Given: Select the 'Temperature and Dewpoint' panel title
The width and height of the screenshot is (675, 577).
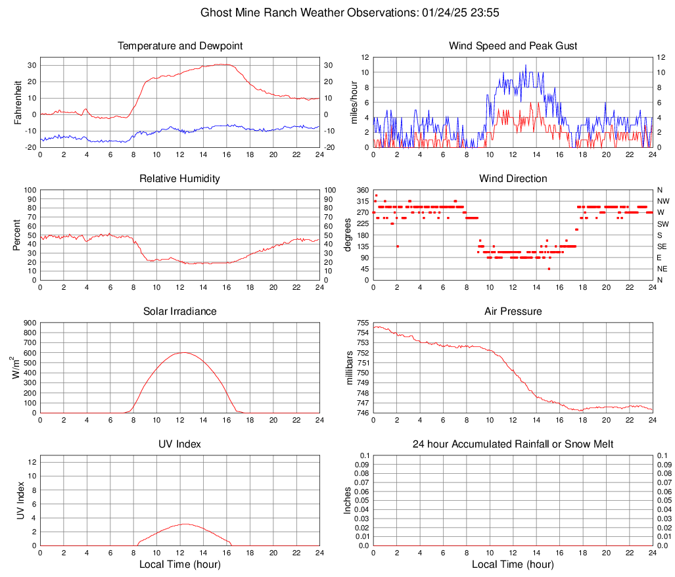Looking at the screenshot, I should [180, 46].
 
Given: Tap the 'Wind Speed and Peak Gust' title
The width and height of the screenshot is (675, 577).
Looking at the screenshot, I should [513, 46].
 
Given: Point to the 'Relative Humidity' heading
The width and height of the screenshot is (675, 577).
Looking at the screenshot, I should [180, 179].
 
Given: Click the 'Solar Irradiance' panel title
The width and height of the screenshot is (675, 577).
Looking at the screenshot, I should [180, 311].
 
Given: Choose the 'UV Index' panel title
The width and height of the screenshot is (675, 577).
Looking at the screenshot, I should [180, 444].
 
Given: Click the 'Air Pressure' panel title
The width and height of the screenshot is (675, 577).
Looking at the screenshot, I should [513, 311].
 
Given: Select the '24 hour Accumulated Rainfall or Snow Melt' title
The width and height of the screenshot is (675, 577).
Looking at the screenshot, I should [513, 444].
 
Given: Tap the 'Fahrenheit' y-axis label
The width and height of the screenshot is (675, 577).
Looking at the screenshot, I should [18, 102].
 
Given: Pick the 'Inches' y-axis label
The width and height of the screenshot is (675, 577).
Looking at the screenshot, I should [348, 500].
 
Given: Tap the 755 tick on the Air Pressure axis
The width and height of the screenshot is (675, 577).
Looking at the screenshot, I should [362, 323].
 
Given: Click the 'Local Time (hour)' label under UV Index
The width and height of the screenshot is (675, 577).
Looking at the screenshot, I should [180, 565].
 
